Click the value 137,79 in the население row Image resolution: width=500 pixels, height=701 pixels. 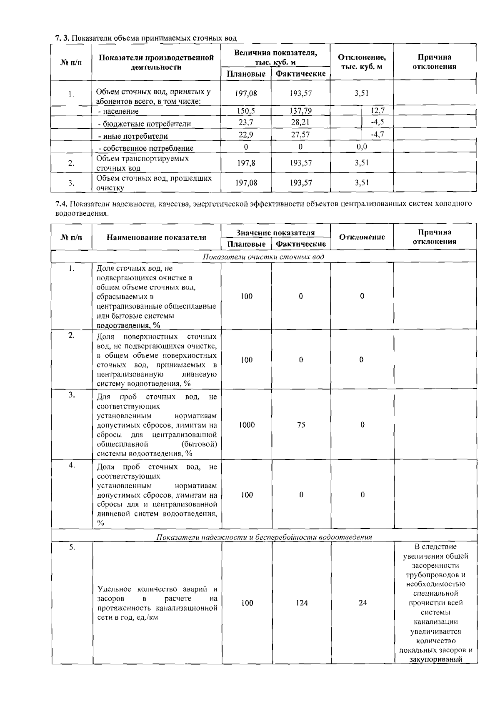[300, 111]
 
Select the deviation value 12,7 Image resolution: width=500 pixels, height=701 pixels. [377, 111]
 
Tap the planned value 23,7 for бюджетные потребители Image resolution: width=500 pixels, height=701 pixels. [246, 122]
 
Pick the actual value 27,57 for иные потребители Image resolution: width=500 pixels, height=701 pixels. [300, 135]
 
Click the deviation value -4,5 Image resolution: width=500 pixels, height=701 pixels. [377, 122]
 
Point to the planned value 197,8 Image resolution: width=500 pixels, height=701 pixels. [246, 163]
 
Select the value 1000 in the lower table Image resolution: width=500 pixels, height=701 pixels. [247, 425]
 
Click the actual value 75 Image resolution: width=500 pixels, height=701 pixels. [301, 425]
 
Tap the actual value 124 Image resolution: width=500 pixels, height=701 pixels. [302, 603]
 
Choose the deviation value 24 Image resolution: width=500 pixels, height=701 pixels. [362, 603]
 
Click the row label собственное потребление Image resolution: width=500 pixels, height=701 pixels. [145, 148]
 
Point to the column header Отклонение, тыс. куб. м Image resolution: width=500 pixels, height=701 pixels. [362, 62]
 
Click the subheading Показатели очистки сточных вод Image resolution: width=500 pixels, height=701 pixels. [263, 257]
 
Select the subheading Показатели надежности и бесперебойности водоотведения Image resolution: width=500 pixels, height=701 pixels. [264, 537]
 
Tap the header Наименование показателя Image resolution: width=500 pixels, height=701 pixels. [156, 237]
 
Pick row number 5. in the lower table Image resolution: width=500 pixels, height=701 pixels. [72, 547]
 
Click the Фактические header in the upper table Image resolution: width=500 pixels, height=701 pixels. [300, 74]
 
